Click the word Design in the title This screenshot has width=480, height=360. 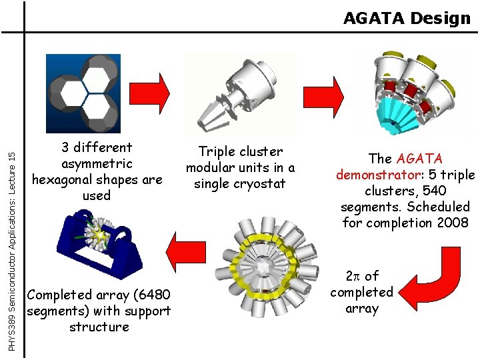tap(441, 18)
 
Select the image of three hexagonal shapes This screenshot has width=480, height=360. tap(83, 93)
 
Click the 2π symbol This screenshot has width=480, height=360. tap(353, 276)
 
